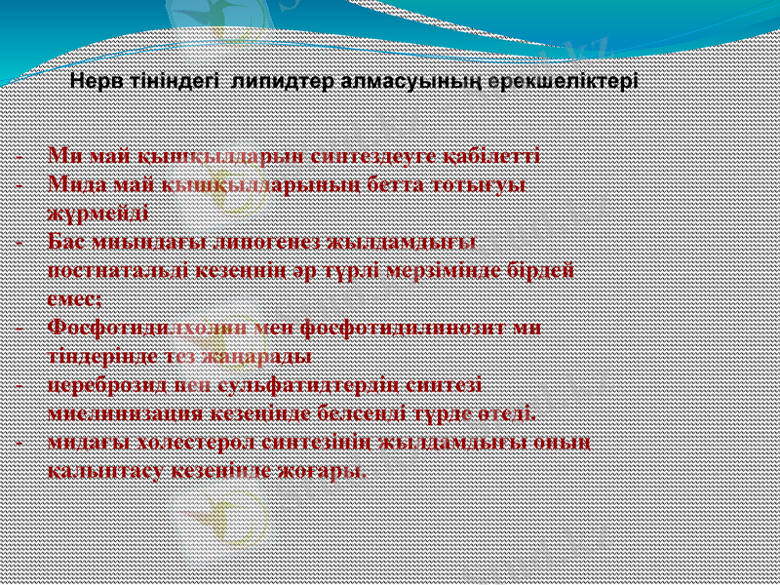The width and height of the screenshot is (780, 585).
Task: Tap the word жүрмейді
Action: click(x=97, y=212)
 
